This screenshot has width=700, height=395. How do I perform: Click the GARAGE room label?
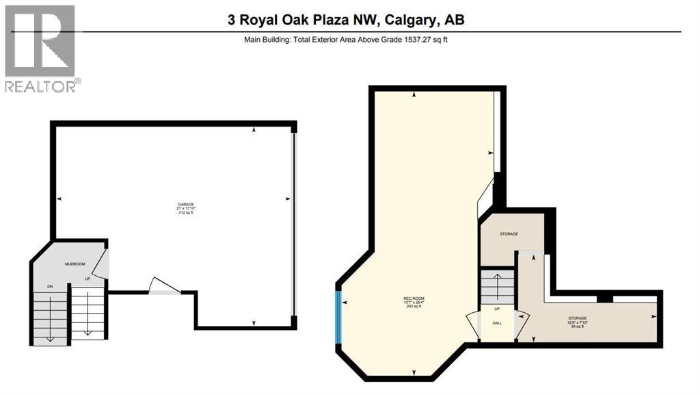(x=187, y=204)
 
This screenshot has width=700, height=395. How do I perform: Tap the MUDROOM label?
(x=74, y=263)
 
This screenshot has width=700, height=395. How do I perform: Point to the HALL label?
(x=497, y=322)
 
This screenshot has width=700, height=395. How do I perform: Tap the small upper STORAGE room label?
(x=509, y=234)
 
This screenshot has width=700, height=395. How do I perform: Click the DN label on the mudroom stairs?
(x=49, y=285)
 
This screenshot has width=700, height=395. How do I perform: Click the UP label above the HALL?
(x=497, y=309)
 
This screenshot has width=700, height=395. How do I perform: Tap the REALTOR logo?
(x=41, y=48)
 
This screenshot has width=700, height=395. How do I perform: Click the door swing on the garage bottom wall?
(x=164, y=285)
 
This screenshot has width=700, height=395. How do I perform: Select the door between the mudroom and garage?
(x=101, y=264)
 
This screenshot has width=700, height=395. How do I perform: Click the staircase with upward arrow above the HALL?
(x=496, y=286)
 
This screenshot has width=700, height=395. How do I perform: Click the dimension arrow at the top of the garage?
(x=254, y=129)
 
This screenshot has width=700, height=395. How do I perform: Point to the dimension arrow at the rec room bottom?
(x=414, y=372)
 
